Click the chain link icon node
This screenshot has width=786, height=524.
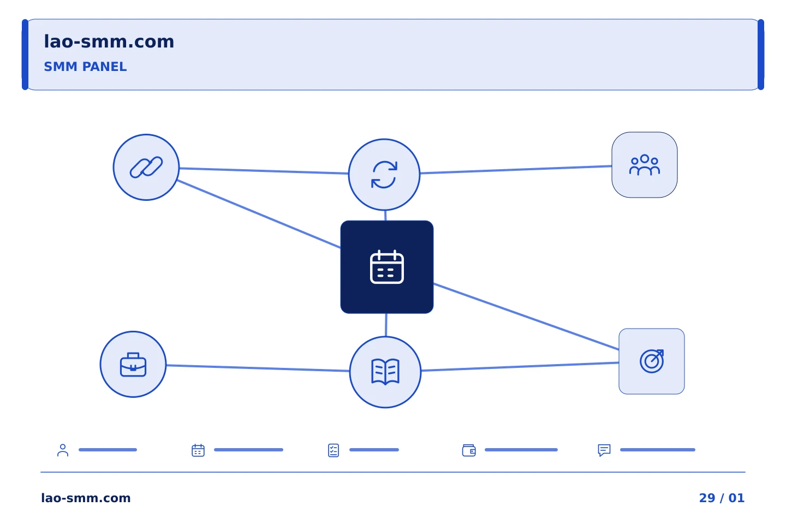(x=146, y=168)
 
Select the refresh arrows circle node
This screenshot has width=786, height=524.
(x=384, y=175)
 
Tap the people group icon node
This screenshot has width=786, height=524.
(x=645, y=165)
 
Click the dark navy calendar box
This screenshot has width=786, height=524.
(x=386, y=267)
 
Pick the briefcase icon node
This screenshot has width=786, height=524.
(x=133, y=364)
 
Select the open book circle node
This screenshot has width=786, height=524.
(x=385, y=372)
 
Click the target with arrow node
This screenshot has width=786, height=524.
(x=652, y=361)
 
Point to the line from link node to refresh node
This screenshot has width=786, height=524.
(x=264, y=171)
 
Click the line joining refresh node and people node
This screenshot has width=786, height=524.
(x=516, y=170)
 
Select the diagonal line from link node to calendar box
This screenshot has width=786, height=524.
(x=259, y=214)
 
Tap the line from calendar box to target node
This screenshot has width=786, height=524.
(x=526, y=317)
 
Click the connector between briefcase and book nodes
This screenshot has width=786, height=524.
(x=258, y=368)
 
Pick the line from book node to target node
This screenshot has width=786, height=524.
(x=520, y=367)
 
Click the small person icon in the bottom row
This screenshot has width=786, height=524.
(x=63, y=450)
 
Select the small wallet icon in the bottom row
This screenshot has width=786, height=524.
(x=469, y=450)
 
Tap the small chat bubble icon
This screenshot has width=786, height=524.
(x=604, y=450)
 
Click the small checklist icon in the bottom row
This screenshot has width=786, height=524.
(x=334, y=450)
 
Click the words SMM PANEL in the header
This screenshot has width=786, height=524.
(x=85, y=67)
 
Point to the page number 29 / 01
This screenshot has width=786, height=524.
(x=722, y=498)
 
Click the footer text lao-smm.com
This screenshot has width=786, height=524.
(x=86, y=498)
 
